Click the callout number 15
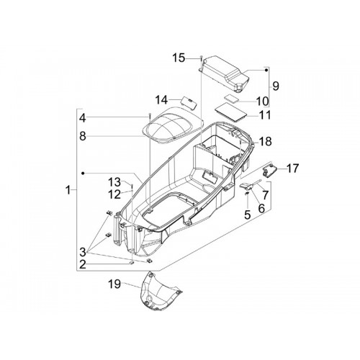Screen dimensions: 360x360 tap(179, 58)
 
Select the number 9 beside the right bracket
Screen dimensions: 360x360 tap(276, 86)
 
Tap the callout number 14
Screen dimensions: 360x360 tap(161, 100)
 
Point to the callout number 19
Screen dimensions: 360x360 tap(114, 284)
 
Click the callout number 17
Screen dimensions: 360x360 tap(292, 168)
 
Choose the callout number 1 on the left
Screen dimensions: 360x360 tap(68, 190)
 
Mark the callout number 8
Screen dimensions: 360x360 tap(83, 136)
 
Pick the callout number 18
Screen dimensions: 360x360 tap(266, 141)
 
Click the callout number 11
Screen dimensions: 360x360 tap(265, 115)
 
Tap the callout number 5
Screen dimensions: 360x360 tap(248, 215)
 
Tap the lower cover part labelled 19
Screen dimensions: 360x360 tap(160, 291)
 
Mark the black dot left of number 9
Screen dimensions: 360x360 tap(266, 70)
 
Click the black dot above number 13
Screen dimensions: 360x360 tap(83, 173)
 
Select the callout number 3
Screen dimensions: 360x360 tap(83, 252)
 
